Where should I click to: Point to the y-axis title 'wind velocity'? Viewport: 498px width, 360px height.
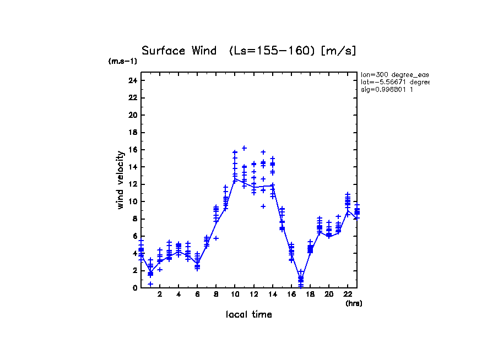tap(120, 180)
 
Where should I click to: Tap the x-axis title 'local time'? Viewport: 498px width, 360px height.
tap(248, 314)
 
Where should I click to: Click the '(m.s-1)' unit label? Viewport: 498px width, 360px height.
tap(123, 62)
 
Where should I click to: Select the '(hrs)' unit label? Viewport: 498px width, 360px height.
tap(354, 303)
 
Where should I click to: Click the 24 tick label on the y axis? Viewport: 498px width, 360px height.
tap(132, 80)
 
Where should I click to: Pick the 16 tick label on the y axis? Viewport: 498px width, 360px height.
tap(132, 150)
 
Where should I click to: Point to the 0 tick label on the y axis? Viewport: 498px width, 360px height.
tap(134, 288)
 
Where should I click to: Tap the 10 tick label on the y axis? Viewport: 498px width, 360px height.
tap(132, 201)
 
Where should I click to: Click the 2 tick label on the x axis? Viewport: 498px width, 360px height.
tap(160, 295)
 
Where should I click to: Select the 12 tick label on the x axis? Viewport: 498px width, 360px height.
tap(254, 295)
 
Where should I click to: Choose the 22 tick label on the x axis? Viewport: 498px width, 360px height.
tap(348, 295)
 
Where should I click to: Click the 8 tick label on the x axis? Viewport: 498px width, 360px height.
tap(216, 295)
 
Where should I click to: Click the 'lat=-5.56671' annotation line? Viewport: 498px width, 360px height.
tap(394, 82)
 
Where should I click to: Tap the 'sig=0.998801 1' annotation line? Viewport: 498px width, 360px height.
tap(387, 89)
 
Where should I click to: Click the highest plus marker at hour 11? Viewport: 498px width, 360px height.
tap(244, 148)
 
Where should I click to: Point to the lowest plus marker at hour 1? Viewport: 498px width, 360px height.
tap(150, 284)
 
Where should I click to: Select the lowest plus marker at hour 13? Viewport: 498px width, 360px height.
tap(263, 206)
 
